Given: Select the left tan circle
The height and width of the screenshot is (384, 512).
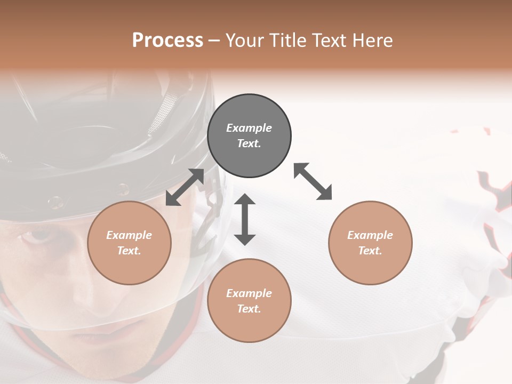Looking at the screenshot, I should pos(129,243).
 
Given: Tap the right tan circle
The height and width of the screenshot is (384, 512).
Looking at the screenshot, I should pos(370,243).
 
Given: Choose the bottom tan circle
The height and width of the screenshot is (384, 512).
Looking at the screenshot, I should pos(249,301).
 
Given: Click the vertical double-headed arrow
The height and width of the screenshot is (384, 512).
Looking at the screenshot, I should pos(245,219).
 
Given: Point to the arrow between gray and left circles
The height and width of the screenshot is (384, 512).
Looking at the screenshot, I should pos(185,187).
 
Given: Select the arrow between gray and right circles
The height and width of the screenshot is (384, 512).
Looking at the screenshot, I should pos(313,181).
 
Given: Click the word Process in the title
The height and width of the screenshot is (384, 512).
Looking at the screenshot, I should pos(167,40).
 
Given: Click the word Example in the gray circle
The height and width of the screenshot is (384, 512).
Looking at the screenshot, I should pos(249,128).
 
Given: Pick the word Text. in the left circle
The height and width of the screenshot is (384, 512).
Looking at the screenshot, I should pos(129,251).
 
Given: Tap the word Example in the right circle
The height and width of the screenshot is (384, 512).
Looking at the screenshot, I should pos(370,235).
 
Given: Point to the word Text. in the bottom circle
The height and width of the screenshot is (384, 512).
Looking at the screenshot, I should pos(249,309).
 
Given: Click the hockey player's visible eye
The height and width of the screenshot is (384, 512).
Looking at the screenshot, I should pos(38,235).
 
